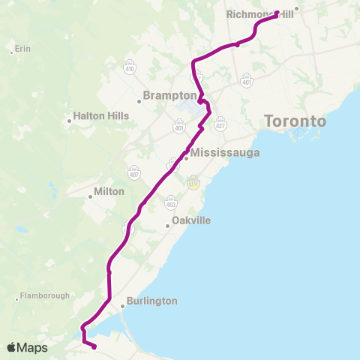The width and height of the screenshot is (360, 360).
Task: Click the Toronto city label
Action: [295, 121]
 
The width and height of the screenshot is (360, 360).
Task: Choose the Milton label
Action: [109, 191]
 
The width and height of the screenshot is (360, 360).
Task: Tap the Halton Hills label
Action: [101, 116]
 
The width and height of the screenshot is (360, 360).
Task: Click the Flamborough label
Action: [46, 295]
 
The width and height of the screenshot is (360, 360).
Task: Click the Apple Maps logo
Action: [26, 347]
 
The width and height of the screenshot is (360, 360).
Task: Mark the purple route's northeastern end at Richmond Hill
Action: [277, 13]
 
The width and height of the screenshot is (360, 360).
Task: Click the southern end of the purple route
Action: [94, 346]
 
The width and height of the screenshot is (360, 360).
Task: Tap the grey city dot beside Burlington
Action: [122, 306]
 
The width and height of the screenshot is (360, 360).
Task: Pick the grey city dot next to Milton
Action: [89, 191]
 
